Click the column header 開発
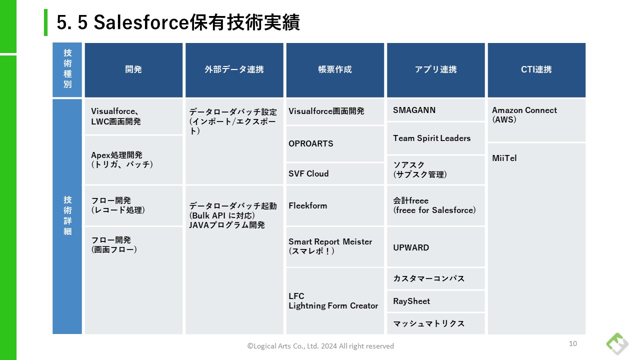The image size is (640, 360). (x=133, y=70)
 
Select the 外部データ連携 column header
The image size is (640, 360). (x=234, y=70)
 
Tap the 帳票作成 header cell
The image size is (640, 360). (x=335, y=70)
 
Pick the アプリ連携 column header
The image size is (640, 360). (x=435, y=70)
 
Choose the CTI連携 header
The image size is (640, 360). (x=536, y=70)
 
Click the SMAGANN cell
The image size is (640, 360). (x=435, y=110)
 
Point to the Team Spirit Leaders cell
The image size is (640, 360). (x=435, y=138)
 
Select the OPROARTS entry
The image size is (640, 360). (x=335, y=143)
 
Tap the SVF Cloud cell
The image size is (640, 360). (x=335, y=173)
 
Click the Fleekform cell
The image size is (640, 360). (x=335, y=205)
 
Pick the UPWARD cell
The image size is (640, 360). (x=435, y=247)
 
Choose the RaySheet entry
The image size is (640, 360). (x=435, y=301)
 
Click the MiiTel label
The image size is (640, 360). (x=504, y=158)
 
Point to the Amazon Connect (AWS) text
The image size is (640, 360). (x=524, y=115)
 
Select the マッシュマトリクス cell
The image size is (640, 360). (x=435, y=323)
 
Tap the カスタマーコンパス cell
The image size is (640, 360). (x=435, y=278)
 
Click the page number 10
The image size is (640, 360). (x=573, y=343)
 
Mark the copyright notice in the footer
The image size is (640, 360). (x=320, y=346)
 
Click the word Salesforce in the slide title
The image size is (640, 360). (x=141, y=22)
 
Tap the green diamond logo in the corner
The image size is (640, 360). (x=617, y=343)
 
